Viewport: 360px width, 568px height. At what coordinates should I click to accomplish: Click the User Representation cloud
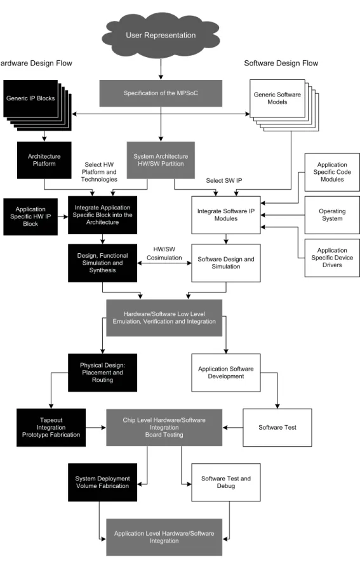(161, 35)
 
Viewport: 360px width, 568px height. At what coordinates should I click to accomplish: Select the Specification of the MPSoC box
(161, 93)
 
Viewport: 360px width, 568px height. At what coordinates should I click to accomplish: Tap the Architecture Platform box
(44, 160)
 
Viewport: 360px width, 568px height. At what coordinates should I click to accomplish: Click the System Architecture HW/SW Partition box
(161, 160)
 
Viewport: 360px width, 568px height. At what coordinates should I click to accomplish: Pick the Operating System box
(332, 215)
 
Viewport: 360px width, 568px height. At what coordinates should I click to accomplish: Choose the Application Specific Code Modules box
(332, 172)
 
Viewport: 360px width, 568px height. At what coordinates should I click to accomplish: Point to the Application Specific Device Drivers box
(332, 258)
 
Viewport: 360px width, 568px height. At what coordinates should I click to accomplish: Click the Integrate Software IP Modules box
(226, 215)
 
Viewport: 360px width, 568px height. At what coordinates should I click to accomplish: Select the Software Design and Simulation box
(226, 263)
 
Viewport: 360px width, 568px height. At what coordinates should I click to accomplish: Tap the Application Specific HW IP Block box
(30, 216)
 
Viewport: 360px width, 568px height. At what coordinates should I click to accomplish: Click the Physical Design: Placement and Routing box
(103, 373)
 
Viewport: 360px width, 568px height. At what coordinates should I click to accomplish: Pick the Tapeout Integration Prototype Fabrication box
(51, 428)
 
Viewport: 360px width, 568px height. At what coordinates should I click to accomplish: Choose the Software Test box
(277, 428)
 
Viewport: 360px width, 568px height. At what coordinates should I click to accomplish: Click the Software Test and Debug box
(226, 482)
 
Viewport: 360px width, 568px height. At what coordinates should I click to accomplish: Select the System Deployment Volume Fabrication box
(103, 482)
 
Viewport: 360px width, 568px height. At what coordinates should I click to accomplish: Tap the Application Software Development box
(226, 373)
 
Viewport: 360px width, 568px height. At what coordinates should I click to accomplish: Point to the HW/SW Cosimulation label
(164, 254)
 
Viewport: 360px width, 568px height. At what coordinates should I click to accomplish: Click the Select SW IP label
(224, 180)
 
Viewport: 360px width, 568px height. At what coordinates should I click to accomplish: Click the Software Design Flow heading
(281, 63)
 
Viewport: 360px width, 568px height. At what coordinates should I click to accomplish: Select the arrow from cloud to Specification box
(161, 69)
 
